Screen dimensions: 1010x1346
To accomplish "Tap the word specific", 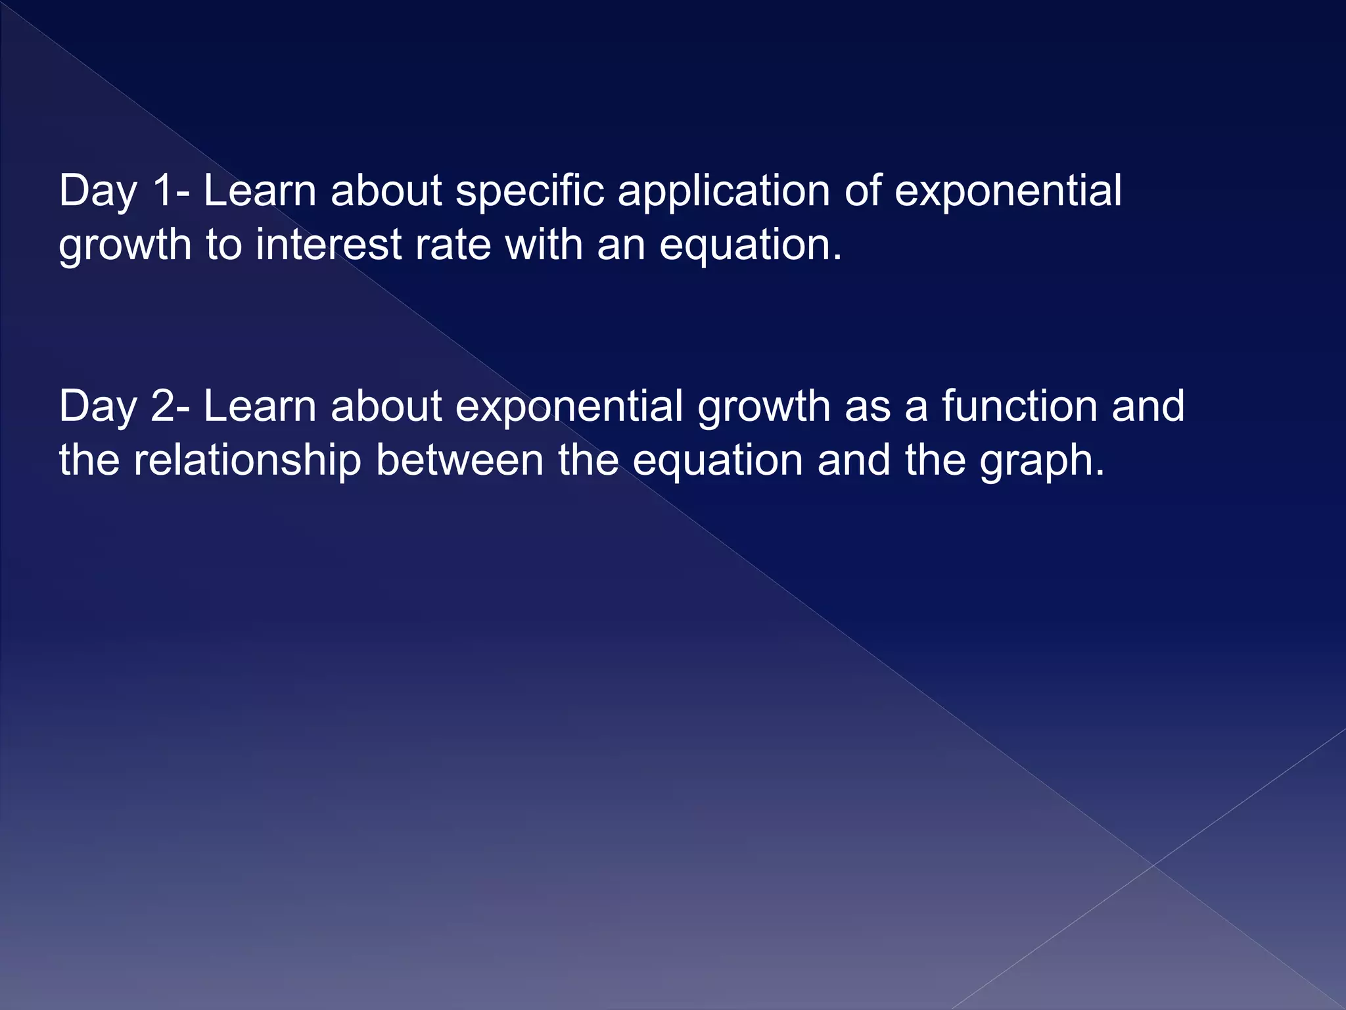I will pos(530,191).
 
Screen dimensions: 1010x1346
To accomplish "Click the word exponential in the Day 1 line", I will pos(1008,191).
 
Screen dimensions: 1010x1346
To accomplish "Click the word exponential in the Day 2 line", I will pos(569,406).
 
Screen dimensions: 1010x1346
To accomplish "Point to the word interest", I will pos(329,245).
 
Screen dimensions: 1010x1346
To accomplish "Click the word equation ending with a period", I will pos(750,246).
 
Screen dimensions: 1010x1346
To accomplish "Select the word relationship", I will pos(247,460).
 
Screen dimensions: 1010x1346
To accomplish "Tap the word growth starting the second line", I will pos(125,246).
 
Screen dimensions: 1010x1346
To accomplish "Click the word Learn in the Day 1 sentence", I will pos(260,191).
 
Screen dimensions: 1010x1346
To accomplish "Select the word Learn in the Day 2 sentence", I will pos(260,406).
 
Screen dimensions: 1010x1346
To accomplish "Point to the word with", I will pos(544,245).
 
